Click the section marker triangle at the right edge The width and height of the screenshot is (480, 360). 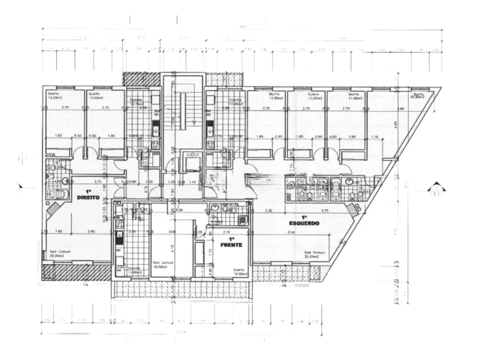point(434,189)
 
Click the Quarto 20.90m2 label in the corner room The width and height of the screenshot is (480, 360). point(416,96)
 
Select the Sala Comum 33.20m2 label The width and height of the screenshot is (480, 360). point(314,254)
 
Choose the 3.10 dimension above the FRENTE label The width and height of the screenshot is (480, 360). point(227,231)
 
